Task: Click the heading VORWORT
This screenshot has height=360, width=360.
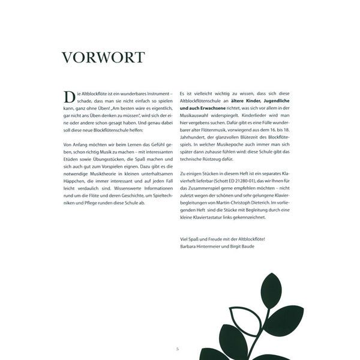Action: pos(103,58)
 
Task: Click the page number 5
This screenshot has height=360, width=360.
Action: pos(178,349)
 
